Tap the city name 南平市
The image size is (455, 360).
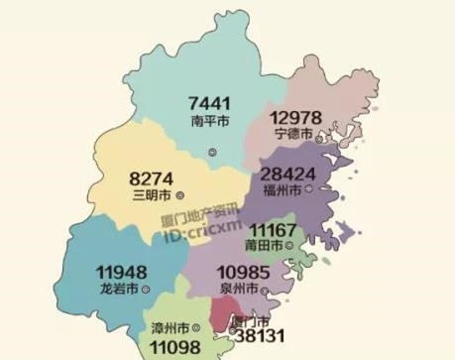point(209,123)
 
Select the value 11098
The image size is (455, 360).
point(176,347)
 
